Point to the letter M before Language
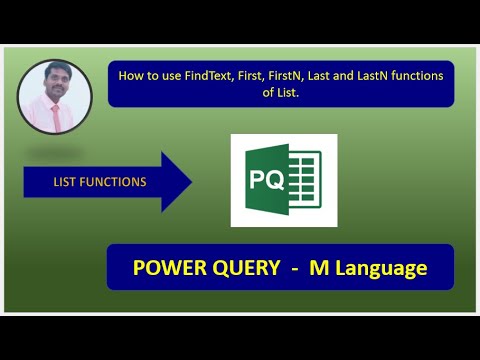click(x=320, y=268)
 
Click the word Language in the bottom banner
click(x=381, y=268)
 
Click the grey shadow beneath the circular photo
click(x=56, y=152)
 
